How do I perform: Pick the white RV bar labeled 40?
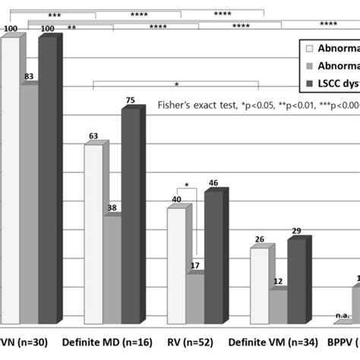click(x=175, y=266)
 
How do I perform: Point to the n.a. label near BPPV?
click(x=342, y=317)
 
